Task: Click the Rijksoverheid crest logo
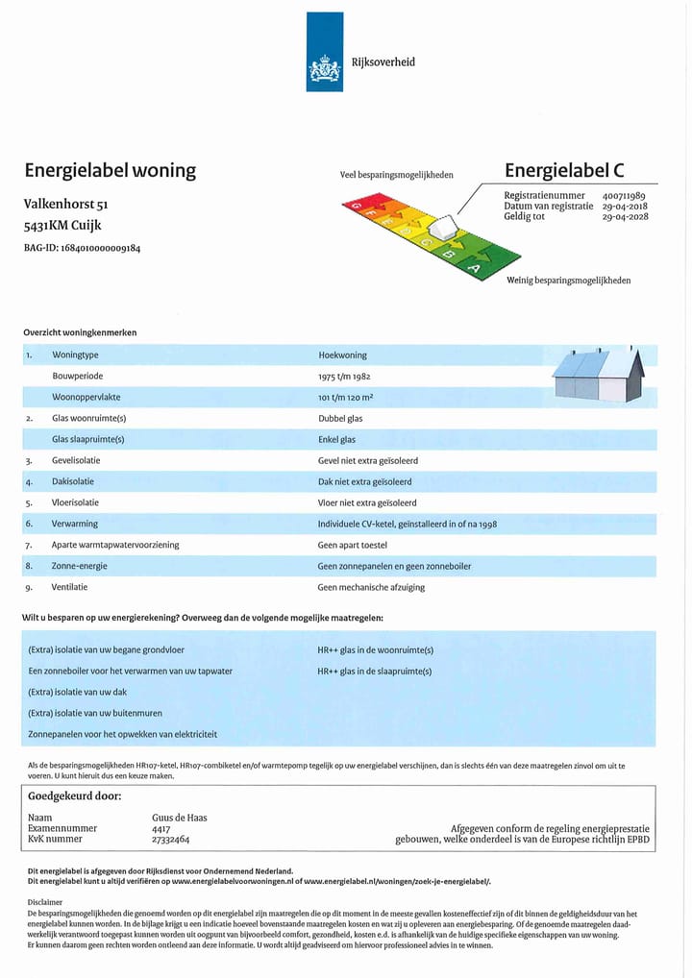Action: pos(324,69)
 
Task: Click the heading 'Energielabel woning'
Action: pos(110,171)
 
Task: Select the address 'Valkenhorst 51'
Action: pos(65,204)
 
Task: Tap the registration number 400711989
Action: pos(624,196)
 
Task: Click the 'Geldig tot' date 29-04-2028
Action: pos(625,217)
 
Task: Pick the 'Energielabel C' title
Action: pos(564,171)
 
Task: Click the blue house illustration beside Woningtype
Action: pos(597,375)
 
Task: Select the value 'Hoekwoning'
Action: pos(341,355)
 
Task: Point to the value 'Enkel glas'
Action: pos(337,439)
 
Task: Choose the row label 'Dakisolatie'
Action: pos(76,481)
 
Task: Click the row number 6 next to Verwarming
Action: pos(29,524)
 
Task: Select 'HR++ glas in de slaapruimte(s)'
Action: pos(375,672)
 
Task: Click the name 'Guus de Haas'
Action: pos(180,818)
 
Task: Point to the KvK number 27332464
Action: pos(171,839)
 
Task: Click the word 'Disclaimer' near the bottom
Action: pos(45,902)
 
